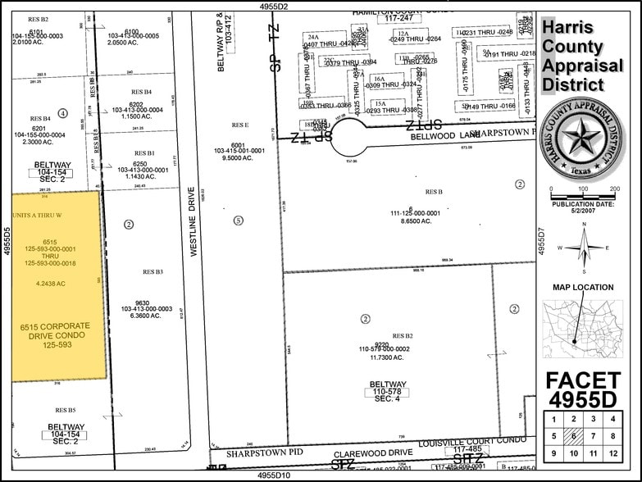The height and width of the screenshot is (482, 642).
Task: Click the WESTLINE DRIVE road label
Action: click(x=195, y=222)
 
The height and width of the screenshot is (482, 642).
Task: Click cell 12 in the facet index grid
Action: click(x=612, y=453)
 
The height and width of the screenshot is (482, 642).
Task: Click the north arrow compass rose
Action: click(x=583, y=248)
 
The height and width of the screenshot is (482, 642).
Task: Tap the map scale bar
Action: click(x=583, y=197)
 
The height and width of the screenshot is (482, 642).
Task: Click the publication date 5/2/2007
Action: click(x=583, y=212)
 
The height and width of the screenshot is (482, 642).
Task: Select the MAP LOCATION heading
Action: click(x=582, y=287)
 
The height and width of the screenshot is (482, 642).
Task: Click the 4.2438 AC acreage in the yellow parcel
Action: click(x=51, y=284)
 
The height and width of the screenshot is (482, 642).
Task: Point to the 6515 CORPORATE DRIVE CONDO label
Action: click(x=55, y=335)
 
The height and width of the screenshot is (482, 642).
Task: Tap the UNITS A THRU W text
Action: click(x=38, y=215)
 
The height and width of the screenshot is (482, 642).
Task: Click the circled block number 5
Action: click(x=239, y=220)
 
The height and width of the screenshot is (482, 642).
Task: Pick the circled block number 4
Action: click(x=63, y=112)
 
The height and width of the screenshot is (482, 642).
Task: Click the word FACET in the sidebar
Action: click(x=583, y=380)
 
